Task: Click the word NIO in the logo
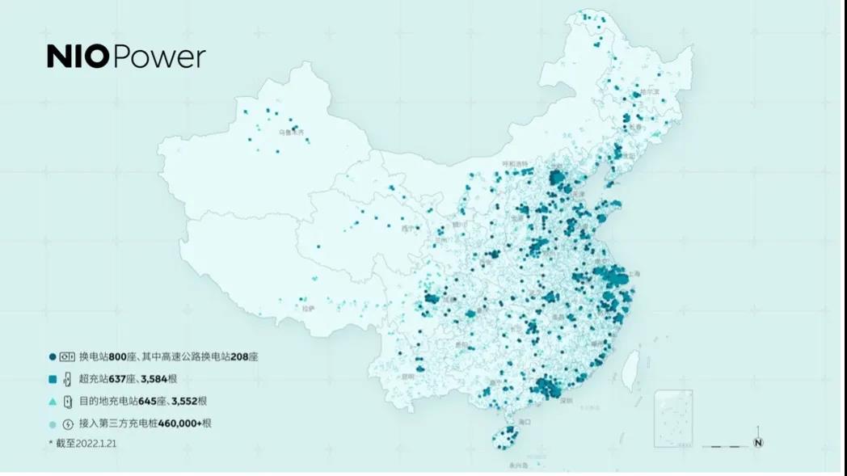(77, 57)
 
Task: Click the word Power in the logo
(158, 57)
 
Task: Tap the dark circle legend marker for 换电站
(53, 356)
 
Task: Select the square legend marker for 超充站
(53, 379)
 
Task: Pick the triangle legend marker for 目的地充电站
(53, 402)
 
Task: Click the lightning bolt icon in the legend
(68, 423)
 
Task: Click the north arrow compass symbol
(758, 441)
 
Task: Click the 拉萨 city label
(307, 308)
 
